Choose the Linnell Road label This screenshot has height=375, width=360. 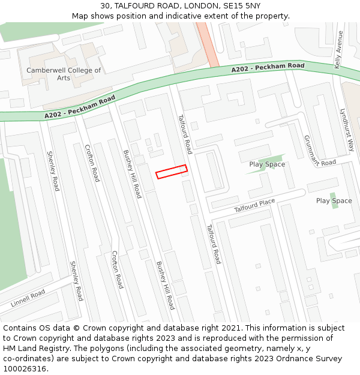[28, 298]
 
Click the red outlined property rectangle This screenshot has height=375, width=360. [172, 172]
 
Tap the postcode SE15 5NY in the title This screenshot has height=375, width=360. [242, 5]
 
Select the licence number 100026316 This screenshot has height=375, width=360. [25, 369]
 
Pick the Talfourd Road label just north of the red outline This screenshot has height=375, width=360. [185, 134]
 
